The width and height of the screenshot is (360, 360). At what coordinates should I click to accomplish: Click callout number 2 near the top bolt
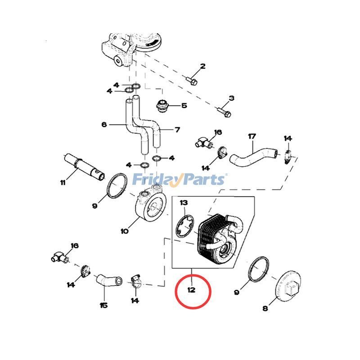pyautogui.click(x=202, y=67)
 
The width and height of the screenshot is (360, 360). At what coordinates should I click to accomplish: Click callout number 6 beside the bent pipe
pyautogui.click(x=104, y=125)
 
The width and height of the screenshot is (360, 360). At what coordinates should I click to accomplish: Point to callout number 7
pyautogui.click(x=177, y=130)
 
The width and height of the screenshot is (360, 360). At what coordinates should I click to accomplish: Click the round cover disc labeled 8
pyautogui.click(x=288, y=287)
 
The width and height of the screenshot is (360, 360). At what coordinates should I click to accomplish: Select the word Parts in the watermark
pyautogui.click(x=202, y=180)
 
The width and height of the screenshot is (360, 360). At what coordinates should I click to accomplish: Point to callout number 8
pyautogui.click(x=265, y=308)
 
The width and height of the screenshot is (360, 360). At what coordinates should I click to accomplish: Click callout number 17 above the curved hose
pyautogui.click(x=252, y=136)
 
